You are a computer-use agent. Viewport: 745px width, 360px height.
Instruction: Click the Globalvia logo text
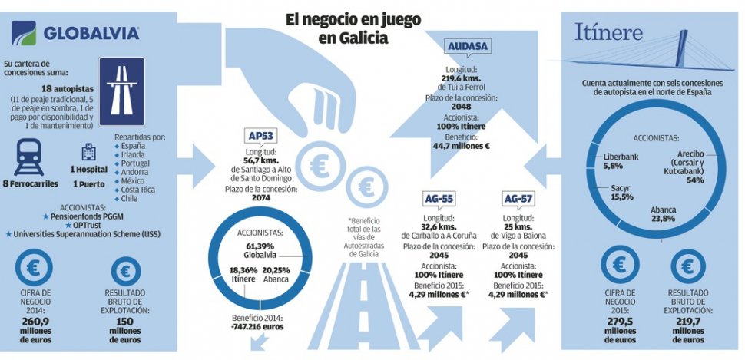tap(91, 33)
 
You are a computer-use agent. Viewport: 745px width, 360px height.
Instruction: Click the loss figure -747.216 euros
tap(258, 326)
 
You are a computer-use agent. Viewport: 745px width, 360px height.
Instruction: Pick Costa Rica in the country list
tap(138, 189)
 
